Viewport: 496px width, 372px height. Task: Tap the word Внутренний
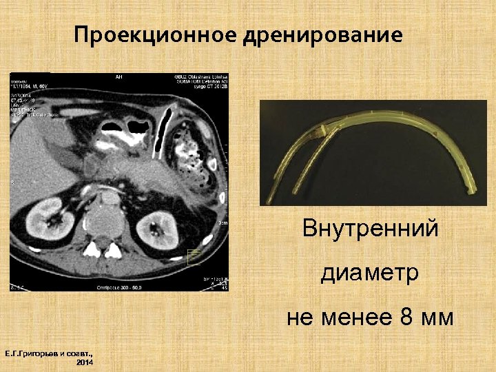(370, 228)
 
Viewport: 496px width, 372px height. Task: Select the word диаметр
(369, 273)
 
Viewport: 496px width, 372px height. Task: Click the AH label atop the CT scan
(118, 77)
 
